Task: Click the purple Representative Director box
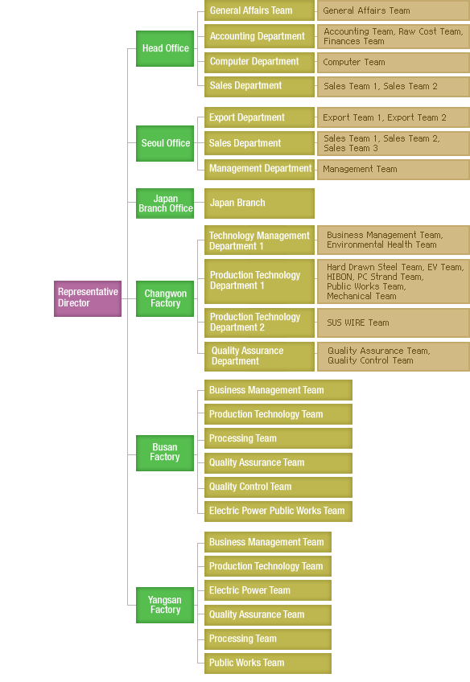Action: pyautogui.click(x=88, y=298)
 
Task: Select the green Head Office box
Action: pyautogui.click(x=165, y=48)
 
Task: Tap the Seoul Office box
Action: pyautogui.click(x=165, y=143)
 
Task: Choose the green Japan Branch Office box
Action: pyautogui.click(x=165, y=203)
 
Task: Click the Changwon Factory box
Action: pyautogui.click(x=165, y=298)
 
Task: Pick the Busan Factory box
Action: pyautogui.click(x=165, y=453)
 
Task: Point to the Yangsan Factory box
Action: pyautogui.click(x=165, y=605)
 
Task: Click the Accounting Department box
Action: pyautogui.click(x=259, y=36)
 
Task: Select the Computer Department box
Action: pyautogui.click(x=259, y=62)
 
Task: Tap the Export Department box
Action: pyautogui.click(x=259, y=117)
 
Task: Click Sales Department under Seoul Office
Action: pyautogui.click(x=259, y=143)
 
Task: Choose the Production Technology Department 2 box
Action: pyautogui.click(x=259, y=323)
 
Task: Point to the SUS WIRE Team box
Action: pyautogui.click(x=394, y=323)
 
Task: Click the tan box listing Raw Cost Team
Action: pyautogui.click(x=394, y=36)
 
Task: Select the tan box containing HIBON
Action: pyautogui.click(x=394, y=281)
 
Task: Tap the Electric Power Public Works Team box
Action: pyautogui.click(x=278, y=511)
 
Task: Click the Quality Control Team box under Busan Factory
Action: pyautogui.click(x=278, y=487)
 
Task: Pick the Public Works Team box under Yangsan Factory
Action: pyautogui.click(x=268, y=664)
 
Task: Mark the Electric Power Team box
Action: pyautogui.click(x=268, y=590)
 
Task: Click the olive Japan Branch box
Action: pyautogui.click(x=259, y=203)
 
